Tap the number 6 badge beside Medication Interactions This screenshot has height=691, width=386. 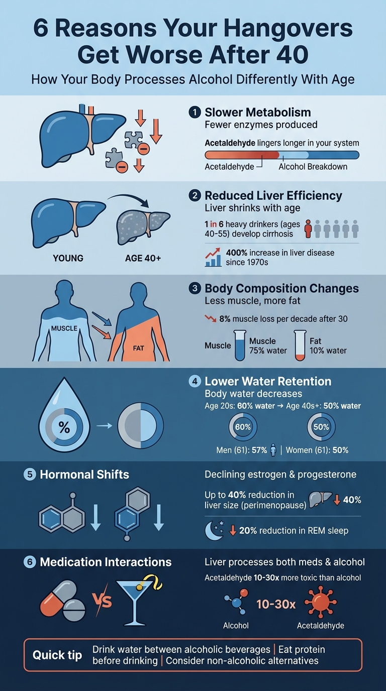(30, 562)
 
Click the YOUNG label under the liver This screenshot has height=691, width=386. (68, 258)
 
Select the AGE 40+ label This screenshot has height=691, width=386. (143, 258)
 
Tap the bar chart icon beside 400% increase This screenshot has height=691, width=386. (214, 257)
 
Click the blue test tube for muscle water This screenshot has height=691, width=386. (240, 345)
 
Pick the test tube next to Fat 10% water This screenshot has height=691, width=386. (301, 345)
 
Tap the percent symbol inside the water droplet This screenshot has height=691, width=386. (64, 427)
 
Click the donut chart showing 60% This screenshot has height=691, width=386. (243, 427)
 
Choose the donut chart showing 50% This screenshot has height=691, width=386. (321, 427)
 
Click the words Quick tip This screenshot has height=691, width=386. (57, 655)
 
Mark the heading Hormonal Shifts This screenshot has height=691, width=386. (84, 475)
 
